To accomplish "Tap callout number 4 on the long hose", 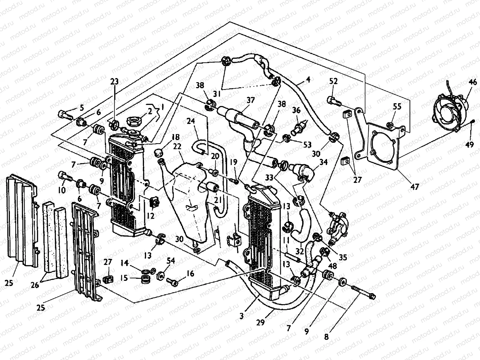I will pyautogui.click(x=308, y=80).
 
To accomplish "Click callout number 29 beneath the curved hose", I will pyautogui.click(x=260, y=322).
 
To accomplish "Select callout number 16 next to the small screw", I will pyautogui.click(x=190, y=274).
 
